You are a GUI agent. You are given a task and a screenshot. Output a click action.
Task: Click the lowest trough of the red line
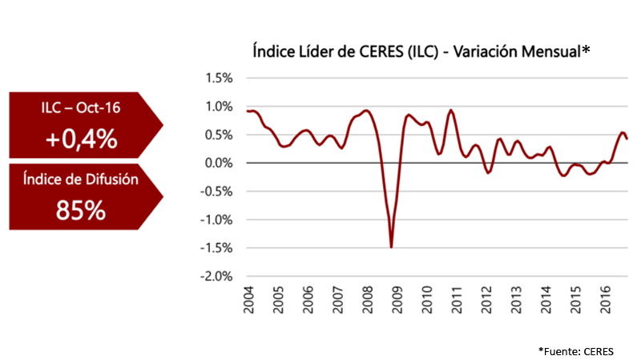pos(391,247)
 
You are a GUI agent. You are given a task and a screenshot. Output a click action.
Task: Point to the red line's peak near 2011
pos(450,110)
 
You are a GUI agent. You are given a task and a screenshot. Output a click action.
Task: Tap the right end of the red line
pos(627,139)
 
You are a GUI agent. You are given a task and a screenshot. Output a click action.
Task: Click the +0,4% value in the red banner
pos(81,140)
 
